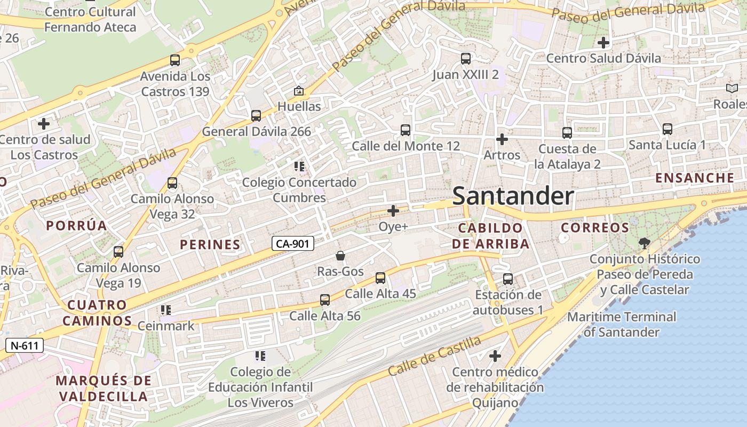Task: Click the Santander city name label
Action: (x=513, y=196)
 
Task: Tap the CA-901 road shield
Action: (x=292, y=244)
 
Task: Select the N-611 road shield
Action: (x=25, y=345)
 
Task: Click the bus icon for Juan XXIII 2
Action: (x=466, y=59)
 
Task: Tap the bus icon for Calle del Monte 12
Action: (x=406, y=130)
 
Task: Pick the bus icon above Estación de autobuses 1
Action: (x=508, y=279)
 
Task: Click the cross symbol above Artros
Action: (x=502, y=139)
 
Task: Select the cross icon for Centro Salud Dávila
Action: (x=603, y=42)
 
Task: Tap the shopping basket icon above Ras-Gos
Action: (x=340, y=256)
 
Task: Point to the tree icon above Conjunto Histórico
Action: (x=645, y=243)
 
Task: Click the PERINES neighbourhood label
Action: (x=210, y=245)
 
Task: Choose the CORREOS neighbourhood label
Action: (x=595, y=228)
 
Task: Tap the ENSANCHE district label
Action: (x=695, y=178)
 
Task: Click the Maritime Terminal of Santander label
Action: (x=622, y=324)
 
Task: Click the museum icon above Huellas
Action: (x=298, y=91)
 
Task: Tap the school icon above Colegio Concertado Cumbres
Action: (x=299, y=167)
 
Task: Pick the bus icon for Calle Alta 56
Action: (x=325, y=300)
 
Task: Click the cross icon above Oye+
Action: (x=393, y=211)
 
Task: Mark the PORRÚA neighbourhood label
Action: (x=77, y=226)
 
